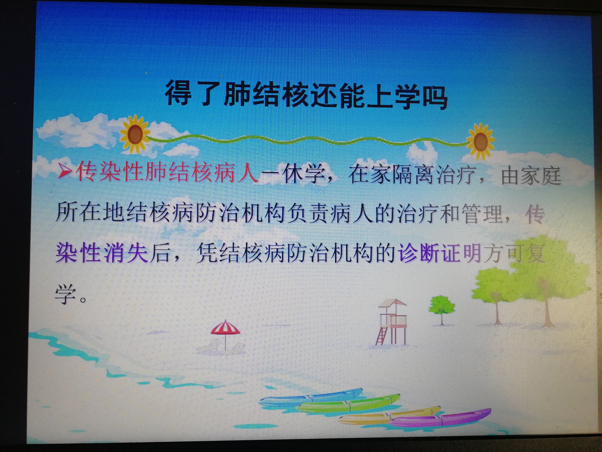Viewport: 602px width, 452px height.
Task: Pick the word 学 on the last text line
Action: point(66,294)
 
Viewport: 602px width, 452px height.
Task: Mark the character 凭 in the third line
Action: point(207,253)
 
